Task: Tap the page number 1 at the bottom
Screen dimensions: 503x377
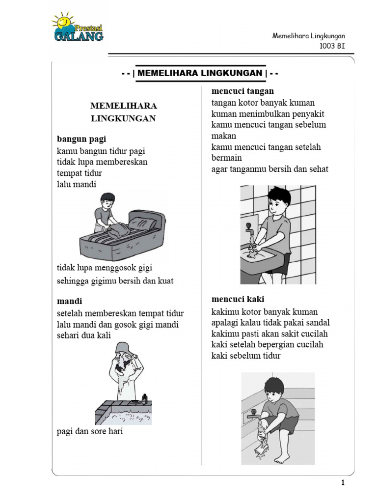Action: pos(343,483)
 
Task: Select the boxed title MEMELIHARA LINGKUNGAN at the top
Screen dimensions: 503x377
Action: pos(200,73)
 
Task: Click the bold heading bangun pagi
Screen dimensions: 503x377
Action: pos(81,140)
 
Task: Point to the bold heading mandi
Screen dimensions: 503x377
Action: pos(69,301)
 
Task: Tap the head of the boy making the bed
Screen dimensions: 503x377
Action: pos(107,200)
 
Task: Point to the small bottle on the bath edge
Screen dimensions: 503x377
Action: pos(144,398)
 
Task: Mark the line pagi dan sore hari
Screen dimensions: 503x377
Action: pos(89,432)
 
